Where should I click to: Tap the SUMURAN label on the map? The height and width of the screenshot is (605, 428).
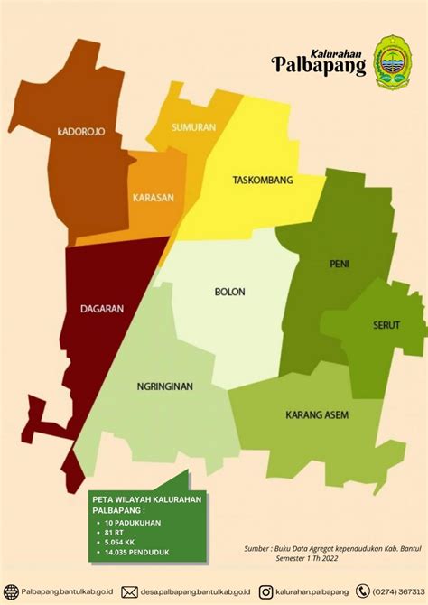193,127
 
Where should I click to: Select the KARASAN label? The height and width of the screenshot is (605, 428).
152,197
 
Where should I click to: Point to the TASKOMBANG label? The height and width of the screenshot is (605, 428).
262,181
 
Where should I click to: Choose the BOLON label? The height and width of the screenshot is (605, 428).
229,292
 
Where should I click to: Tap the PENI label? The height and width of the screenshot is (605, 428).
340,264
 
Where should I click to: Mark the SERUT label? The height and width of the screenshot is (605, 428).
386,325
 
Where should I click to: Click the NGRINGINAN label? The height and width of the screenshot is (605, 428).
165,386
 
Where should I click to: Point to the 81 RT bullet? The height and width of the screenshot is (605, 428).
115,533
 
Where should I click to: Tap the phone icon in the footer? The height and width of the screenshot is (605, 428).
363,591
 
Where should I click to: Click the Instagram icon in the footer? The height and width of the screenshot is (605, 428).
265,591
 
